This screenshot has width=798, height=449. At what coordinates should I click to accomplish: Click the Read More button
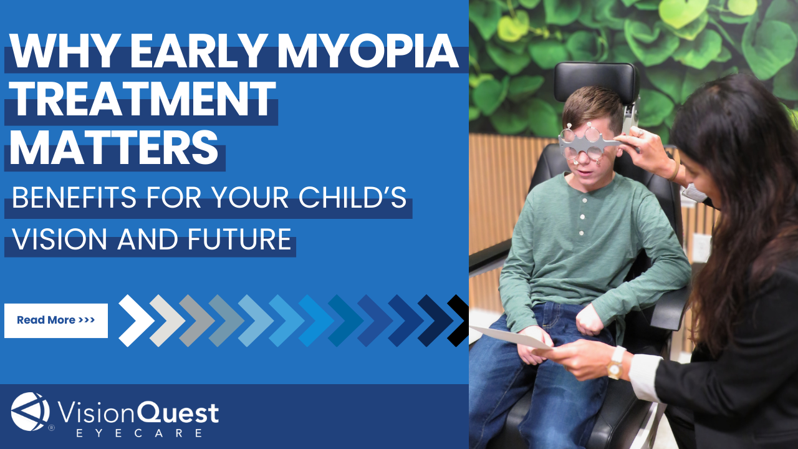[x=56, y=321]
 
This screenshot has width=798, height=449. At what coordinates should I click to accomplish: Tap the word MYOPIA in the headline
[x=368, y=51]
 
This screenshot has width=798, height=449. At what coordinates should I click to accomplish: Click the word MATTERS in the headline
[x=114, y=147]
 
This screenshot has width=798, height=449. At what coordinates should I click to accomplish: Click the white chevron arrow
[x=136, y=321]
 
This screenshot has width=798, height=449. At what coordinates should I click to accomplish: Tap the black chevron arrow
[x=458, y=321]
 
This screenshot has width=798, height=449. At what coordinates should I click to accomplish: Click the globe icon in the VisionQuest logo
[x=31, y=412]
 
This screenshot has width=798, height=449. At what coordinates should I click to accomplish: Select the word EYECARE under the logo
[x=139, y=433]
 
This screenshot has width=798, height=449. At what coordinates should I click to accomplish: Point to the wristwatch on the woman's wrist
[x=616, y=363]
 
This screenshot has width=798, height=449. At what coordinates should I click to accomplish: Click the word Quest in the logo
[x=178, y=413]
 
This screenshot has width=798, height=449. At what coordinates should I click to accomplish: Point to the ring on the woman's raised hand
[x=640, y=133]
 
